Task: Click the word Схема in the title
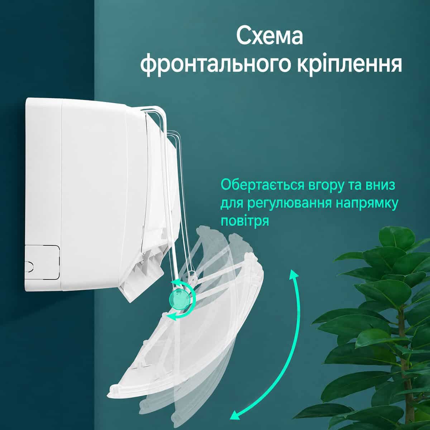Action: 269,36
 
